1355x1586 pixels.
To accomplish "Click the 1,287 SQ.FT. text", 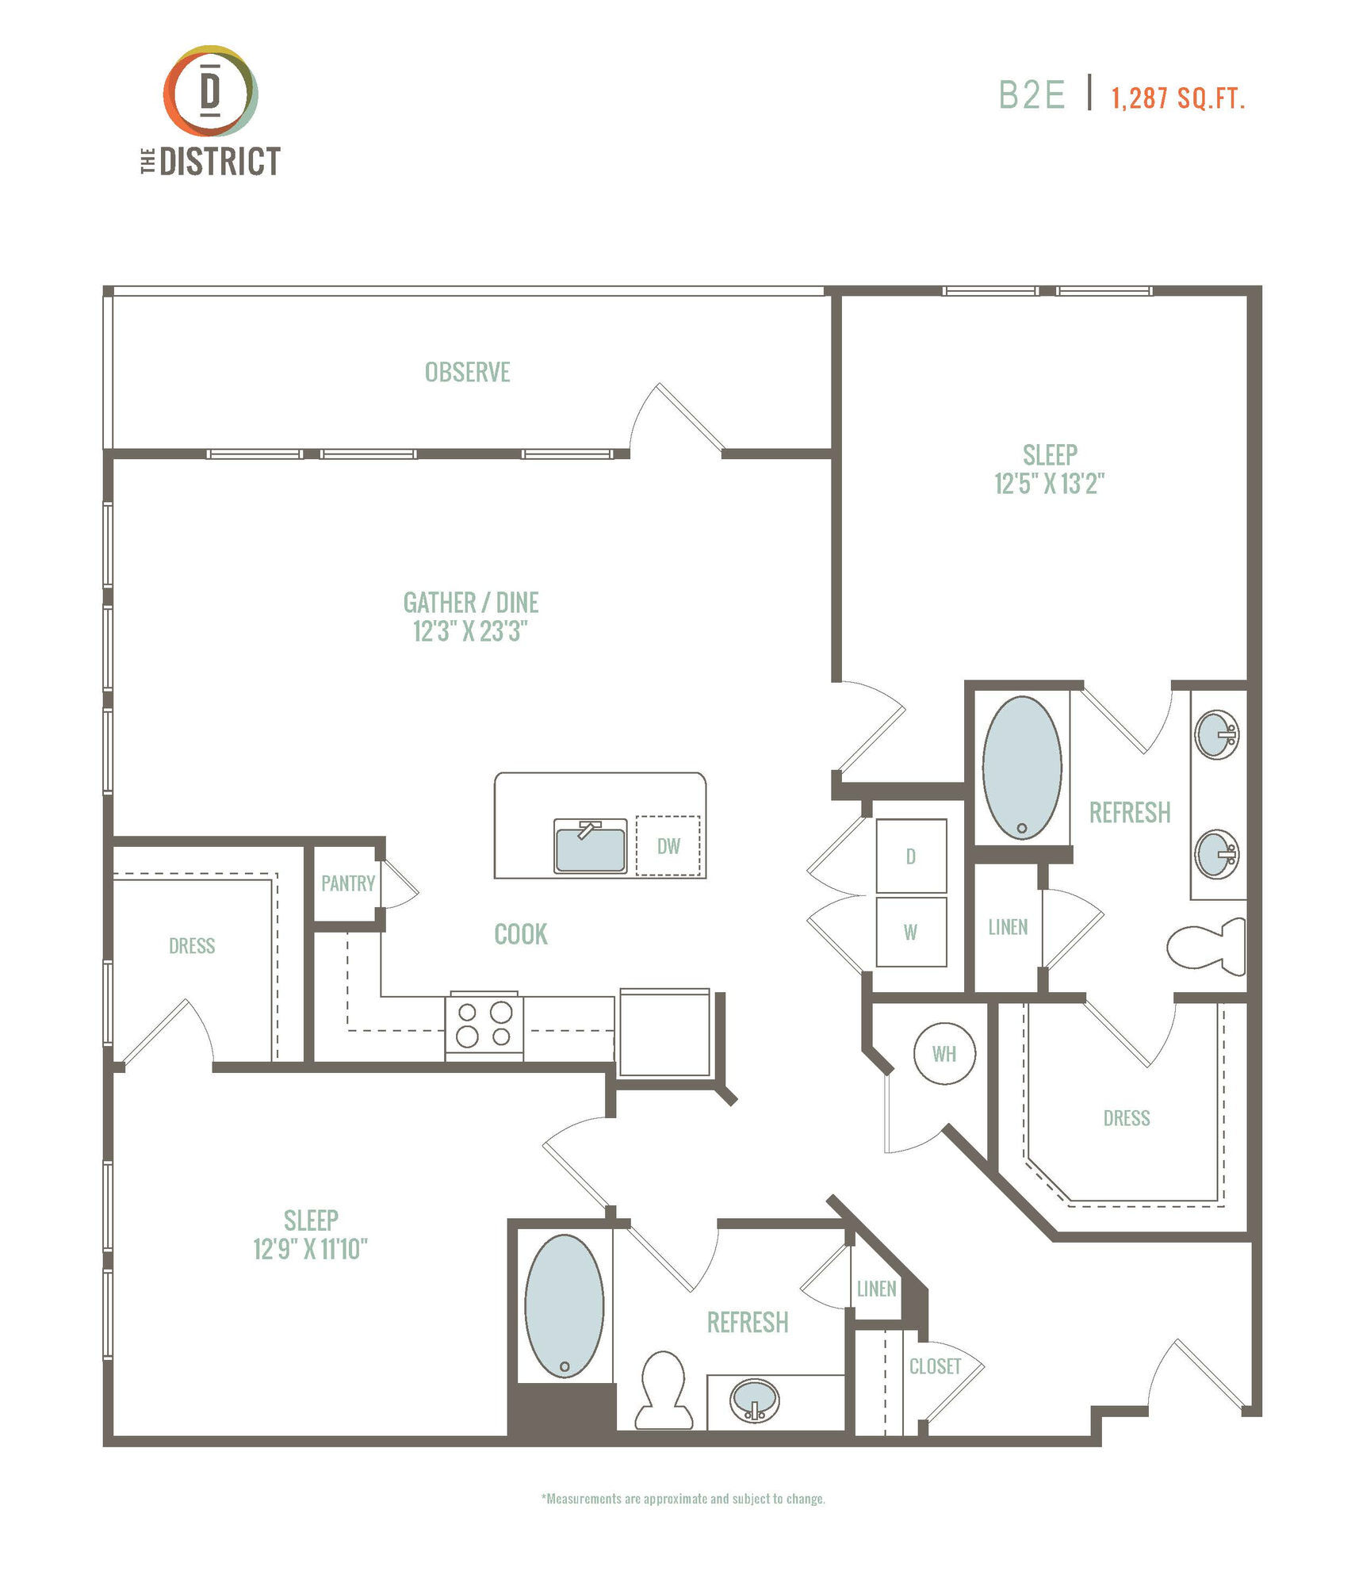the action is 1177,98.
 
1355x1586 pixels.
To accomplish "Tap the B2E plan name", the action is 1031,95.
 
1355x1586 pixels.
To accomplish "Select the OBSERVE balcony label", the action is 467,372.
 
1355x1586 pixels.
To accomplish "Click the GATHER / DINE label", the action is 471,603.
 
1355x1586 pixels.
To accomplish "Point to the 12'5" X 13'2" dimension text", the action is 1049,483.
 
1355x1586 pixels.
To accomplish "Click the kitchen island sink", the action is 590,846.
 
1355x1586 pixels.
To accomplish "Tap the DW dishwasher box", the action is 668,846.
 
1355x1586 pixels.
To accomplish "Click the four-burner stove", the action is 484,1025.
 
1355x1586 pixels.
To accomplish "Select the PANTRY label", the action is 347,883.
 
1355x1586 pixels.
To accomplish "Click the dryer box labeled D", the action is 911,856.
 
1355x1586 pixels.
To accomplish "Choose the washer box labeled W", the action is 911,932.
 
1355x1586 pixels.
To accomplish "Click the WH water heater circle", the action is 944,1054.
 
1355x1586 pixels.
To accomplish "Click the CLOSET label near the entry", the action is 935,1366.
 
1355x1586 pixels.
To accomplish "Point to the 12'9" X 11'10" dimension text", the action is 310,1249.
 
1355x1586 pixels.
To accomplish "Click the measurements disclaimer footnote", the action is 683,1499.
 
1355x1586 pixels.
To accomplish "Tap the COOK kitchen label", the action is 521,934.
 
